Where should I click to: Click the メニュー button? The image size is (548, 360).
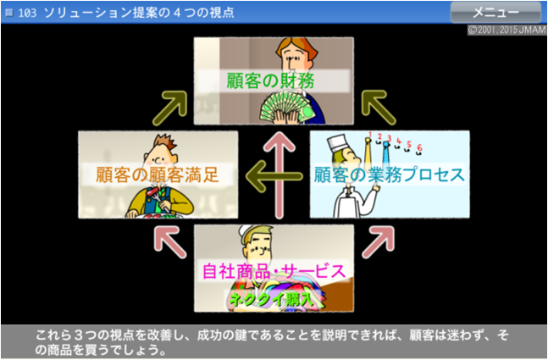pos(496,12)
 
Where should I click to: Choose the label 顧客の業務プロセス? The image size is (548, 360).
pos(389,175)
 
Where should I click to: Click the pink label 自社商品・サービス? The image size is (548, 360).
pos(273,271)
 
